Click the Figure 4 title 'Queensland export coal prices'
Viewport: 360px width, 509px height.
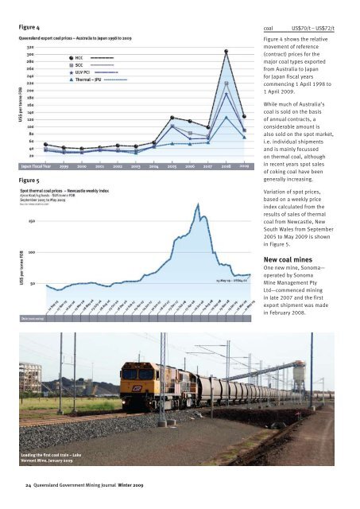click(x=75, y=37)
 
